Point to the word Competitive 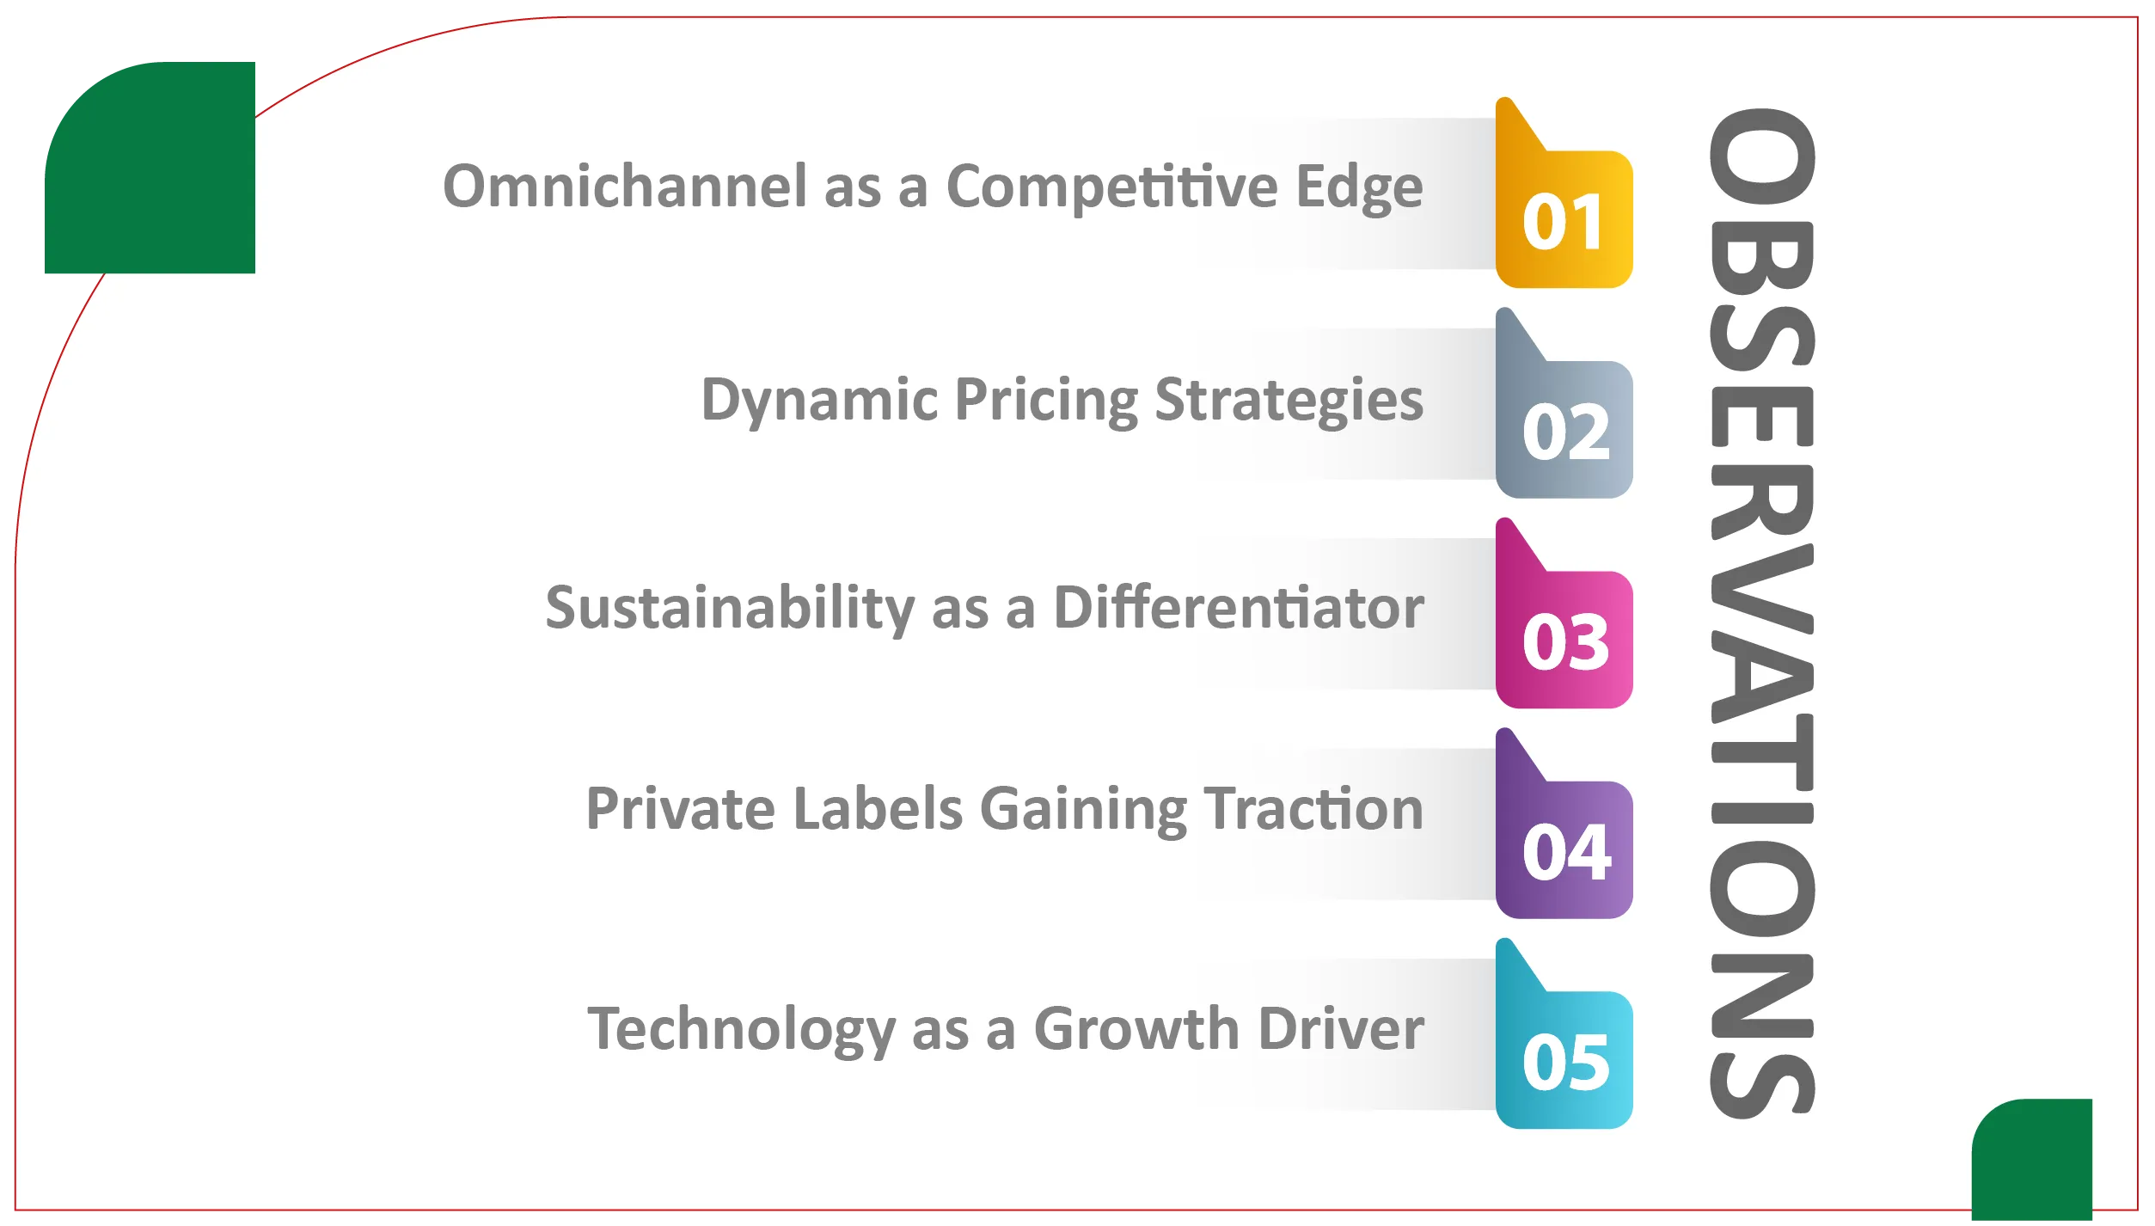point(1113,187)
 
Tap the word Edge point(1360,187)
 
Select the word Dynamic point(820,401)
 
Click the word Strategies point(1289,401)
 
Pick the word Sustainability point(731,609)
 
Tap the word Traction point(1313,809)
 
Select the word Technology point(742,1030)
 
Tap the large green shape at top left point(150,168)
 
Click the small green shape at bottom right point(2032,1160)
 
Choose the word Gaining point(1084,811)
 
